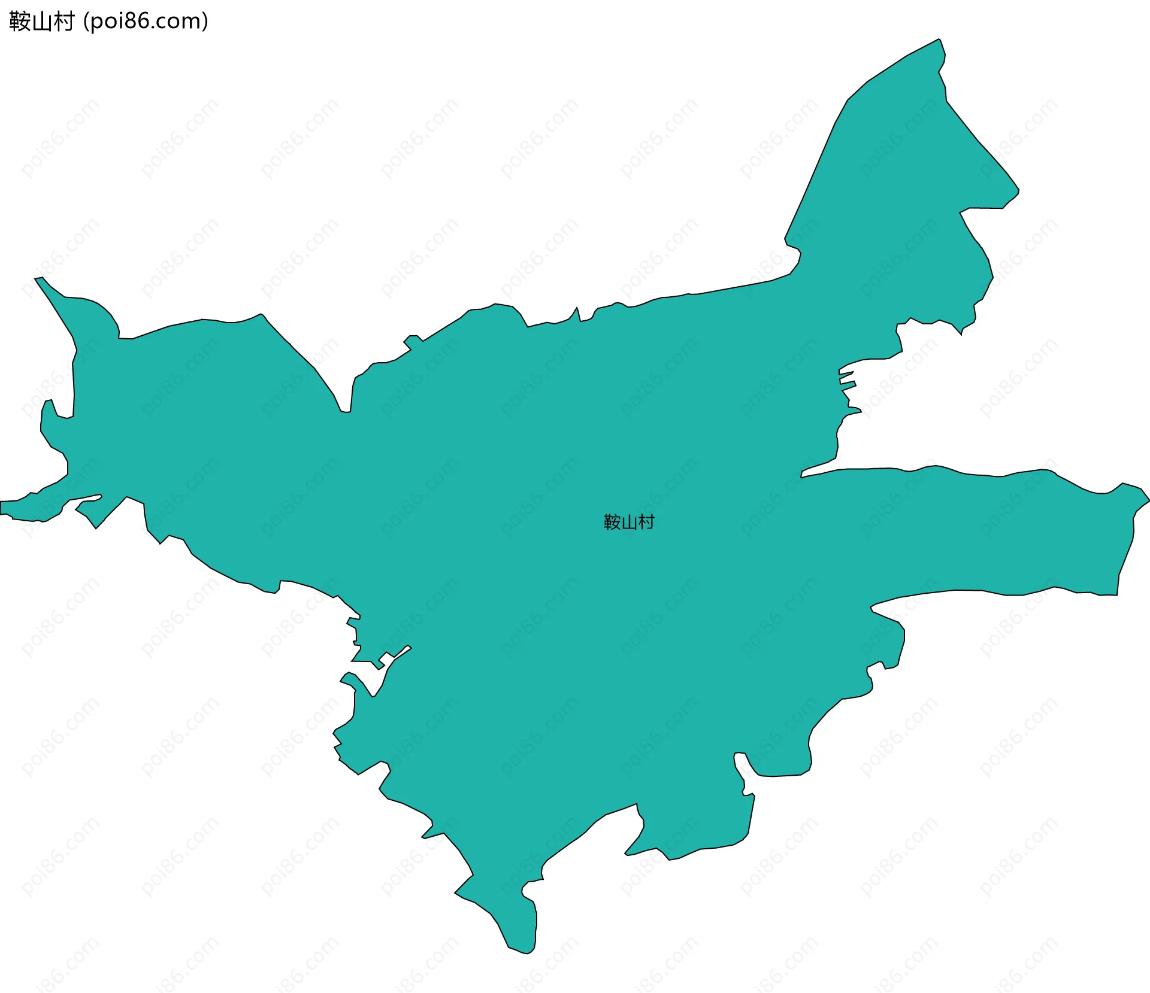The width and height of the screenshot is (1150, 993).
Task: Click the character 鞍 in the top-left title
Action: [x=20, y=22]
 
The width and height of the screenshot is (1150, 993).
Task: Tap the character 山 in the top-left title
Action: [x=41, y=22]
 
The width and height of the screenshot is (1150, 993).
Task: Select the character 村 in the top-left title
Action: [x=63, y=22]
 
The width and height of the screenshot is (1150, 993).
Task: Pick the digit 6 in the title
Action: [x=145, y=22]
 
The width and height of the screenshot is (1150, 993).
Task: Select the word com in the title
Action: [x=180, y=22]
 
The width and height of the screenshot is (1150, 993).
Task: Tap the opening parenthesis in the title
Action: [x=86, y=22]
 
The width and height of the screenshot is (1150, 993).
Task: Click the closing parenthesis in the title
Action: [x=205, y=22]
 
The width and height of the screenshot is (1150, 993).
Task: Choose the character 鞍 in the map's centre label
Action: [x=612, y=523]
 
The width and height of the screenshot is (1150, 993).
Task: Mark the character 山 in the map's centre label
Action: [x=629, y=523]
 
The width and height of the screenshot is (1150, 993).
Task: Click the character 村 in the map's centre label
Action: [x=646, y=523]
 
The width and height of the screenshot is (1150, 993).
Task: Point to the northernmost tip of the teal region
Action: [x=939, y=40]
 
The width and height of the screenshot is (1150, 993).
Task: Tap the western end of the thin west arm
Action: [x=2, y=508]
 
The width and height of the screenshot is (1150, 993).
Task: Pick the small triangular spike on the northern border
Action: [x=577, y=309]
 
